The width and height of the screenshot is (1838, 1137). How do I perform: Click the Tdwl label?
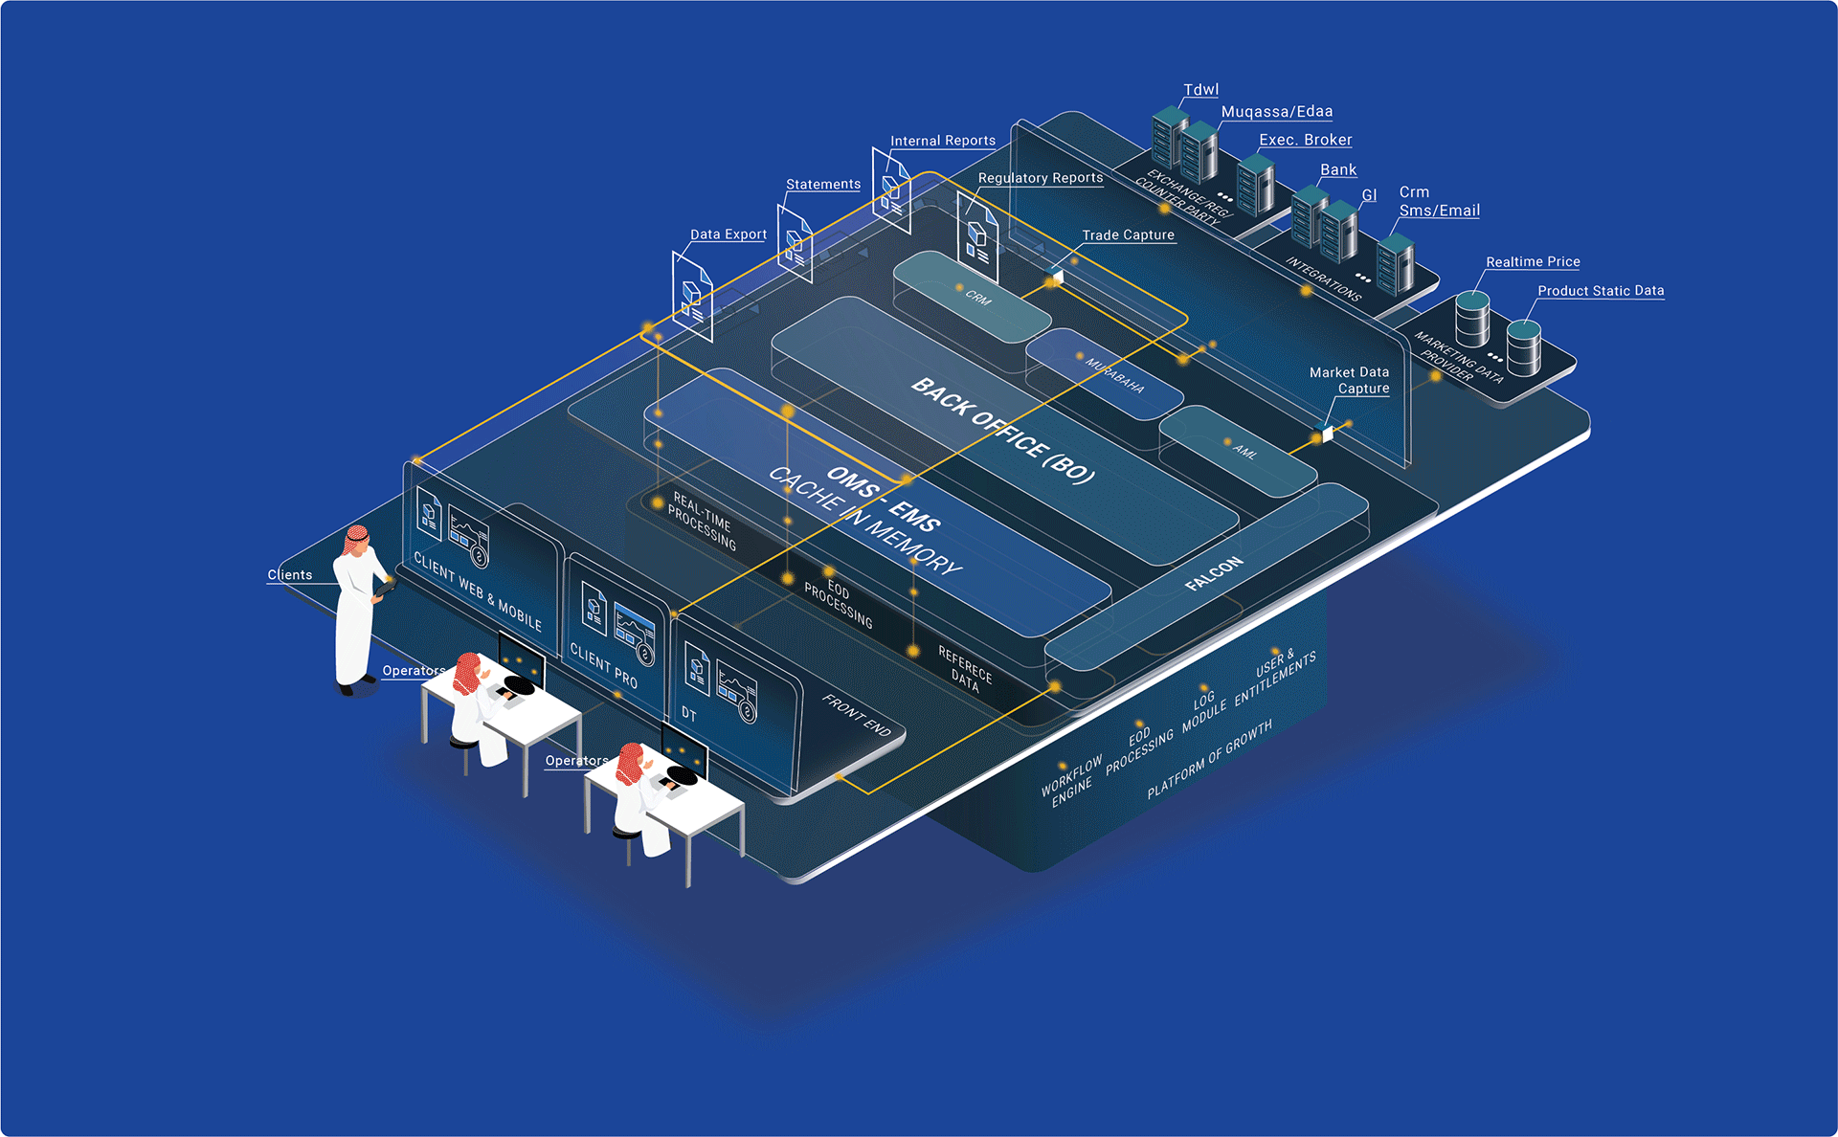pyautogui.click(x=1200, y=90)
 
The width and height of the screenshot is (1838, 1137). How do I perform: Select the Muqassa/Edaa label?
pyautogui.click(x=1276, y=112)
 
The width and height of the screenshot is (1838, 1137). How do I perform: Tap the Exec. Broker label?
pyautogui.click(x=1305, y=140)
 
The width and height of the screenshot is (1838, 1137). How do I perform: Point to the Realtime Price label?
pyautogui.click(x=1533, y=261)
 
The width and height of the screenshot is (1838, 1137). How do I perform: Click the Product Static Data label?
pyautogui.click(x=1601, y=291)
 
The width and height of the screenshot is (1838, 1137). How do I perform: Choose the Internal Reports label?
pyautogui.click(x=942, y=141)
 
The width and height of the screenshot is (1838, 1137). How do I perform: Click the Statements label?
pyautogui.click(x=822, y=185)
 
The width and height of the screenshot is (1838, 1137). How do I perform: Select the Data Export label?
pyautogui.click(x=728, y=234)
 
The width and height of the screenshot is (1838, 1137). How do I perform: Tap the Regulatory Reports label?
pyautogui.click(x=1040, y=178)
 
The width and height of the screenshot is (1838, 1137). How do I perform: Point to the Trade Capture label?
pyautogui.click(x=1128, y=235)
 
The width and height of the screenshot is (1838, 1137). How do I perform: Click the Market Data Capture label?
pyautogui.click(x=1350, y=380)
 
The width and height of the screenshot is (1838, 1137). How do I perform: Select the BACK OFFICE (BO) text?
pyautogui.click(x=1002, y=431)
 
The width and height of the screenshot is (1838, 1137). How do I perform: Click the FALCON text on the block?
pyautogui.click(x=1214, y=572)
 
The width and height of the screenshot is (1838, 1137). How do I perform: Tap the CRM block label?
pyautogui.click(x=978, y=298)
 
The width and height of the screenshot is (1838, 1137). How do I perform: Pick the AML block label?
pyautogui.click(x=1244, y=451)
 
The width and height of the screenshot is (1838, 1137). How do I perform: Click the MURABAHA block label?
pyautogui.click(x=1114, y=376)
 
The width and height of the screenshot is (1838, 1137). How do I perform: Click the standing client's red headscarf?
pyautogui.click(x=356, y=540)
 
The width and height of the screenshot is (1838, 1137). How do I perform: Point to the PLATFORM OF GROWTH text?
pyautogui.click(x=1209, y=759)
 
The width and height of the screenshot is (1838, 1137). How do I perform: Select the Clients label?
pyautogui.click(x=289, y=575)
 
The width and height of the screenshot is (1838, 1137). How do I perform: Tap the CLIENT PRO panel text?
pyautogui.click(x=603, y=664)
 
